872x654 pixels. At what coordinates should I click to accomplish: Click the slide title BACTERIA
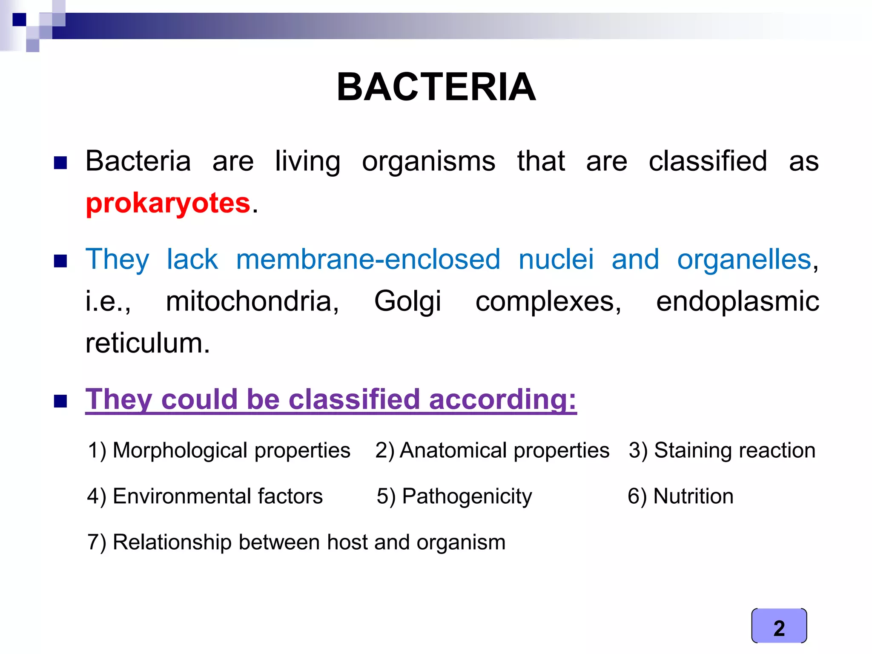(436, 87)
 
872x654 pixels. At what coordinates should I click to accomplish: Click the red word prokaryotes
(168, 203)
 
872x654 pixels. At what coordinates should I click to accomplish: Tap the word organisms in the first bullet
(428, 162)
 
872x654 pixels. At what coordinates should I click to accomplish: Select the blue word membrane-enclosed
(368, 259)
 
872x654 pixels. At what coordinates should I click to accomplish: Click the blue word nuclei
(556, 259)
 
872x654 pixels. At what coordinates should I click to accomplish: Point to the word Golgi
(407, 301)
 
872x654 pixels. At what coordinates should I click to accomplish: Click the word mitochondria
(252, 301)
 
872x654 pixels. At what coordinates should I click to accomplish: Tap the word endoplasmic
(737, 301)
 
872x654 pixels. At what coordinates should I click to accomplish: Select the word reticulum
(147, 343)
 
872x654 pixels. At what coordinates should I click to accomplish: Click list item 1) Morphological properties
(219, 450)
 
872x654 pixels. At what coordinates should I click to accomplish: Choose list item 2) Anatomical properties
(492, 450)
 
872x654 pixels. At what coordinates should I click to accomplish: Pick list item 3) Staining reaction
(722, 450)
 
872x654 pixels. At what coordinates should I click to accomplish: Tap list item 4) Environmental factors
(205, 496)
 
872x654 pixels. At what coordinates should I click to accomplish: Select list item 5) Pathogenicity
(454, 496)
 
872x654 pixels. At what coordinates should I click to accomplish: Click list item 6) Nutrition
(680, 496)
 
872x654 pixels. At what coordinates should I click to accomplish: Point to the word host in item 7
(347, 542)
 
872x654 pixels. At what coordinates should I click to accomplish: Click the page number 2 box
(779, 626)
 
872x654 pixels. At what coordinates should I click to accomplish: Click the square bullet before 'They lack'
(60, 261)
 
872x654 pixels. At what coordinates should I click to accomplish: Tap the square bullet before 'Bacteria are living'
(60, 163)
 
